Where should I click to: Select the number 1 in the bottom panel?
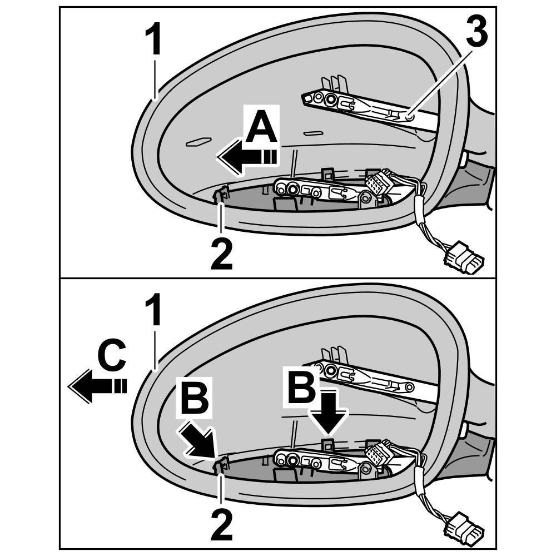tap(154, 311)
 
